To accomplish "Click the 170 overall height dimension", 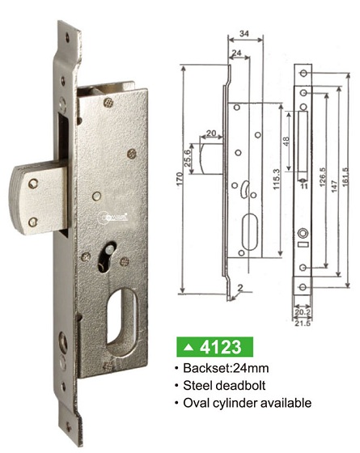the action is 180,180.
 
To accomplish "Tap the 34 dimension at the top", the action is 244,33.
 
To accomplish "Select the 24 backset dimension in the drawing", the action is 236,53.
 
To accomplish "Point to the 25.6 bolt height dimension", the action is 187,159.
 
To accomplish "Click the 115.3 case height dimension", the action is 277,179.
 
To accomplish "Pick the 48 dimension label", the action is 286,141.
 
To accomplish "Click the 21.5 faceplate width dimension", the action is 303,324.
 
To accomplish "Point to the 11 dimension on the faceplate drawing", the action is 303,186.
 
